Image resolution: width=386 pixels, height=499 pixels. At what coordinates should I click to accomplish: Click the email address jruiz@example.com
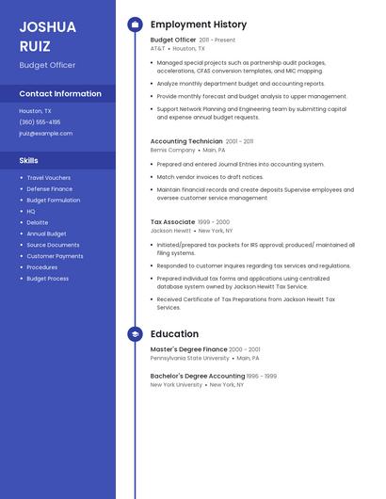coord(45,133)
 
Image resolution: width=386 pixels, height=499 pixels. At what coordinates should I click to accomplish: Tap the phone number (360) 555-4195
coord(40,121)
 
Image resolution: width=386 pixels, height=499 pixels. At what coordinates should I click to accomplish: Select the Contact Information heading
coord(60,93)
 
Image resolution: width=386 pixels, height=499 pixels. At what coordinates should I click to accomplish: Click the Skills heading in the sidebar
coord(29,160)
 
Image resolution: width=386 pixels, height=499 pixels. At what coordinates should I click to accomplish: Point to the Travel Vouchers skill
coord(48,177)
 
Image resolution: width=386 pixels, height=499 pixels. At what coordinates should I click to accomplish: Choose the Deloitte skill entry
coord(37,222)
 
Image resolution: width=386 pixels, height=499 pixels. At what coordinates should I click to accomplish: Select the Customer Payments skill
coord(55,256)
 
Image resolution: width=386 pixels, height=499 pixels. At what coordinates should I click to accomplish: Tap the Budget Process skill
coord(47,279)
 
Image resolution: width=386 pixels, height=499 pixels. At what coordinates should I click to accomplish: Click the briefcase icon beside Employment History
coord(135,24)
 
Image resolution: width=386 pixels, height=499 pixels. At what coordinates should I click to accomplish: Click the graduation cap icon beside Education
coord(135,333)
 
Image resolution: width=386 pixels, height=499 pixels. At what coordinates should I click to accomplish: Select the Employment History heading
coord(199,24)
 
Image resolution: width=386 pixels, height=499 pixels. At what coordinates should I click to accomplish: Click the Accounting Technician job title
coord(186,141)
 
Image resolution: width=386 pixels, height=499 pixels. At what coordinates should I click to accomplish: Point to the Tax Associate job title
coord(172,222)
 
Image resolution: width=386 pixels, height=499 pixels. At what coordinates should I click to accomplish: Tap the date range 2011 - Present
coord(217,40)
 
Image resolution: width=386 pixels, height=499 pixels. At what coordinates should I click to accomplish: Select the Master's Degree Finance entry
coord(188,349)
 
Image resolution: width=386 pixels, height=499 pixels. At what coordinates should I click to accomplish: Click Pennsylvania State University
coord(189,358)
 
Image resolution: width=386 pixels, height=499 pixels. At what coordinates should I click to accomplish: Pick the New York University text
coord(176,384)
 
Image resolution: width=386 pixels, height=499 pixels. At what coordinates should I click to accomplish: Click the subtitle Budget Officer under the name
coord(47,65)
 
